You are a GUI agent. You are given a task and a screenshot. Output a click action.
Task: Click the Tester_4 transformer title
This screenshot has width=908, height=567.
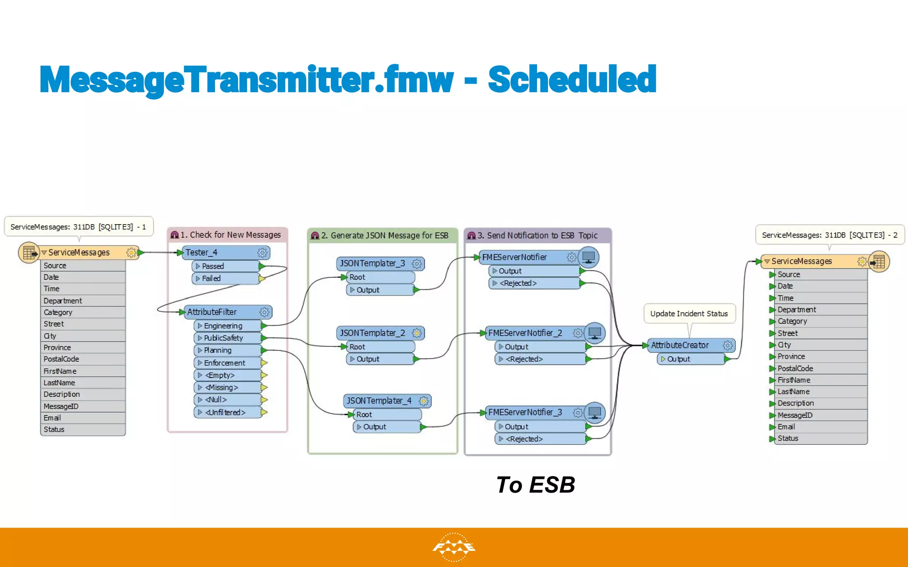(202, 252)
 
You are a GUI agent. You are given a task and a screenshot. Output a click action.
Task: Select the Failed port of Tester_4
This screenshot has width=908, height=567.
(211, 279)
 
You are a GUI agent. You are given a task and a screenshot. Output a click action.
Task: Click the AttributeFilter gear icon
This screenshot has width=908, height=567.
(264, 312)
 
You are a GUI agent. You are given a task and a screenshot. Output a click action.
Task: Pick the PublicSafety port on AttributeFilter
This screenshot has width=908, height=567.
(223, 338)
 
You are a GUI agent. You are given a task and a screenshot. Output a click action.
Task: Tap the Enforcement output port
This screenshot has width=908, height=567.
(224, 363)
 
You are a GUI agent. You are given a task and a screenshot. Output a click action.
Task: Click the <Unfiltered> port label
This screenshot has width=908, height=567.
(225, 412)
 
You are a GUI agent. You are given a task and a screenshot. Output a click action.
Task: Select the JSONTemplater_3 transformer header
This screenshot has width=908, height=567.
(372, 264)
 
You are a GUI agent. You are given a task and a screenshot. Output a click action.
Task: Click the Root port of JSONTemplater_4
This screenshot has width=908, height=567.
(364, 415)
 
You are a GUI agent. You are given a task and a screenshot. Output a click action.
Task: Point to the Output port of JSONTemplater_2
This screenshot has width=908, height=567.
(368, 359)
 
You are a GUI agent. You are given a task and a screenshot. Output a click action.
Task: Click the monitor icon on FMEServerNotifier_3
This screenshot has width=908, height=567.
(595, 413)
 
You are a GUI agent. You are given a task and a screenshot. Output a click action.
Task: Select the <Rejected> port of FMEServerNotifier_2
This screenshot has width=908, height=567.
(524, 359)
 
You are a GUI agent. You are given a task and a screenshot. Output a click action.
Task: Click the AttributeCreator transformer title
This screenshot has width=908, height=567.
(680, 345)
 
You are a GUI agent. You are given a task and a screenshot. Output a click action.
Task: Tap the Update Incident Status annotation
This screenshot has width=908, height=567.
(689, 314)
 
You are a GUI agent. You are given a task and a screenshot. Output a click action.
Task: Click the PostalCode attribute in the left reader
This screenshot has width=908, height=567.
(62, 359)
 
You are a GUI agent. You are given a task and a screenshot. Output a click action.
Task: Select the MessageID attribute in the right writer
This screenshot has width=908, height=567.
(795, 416)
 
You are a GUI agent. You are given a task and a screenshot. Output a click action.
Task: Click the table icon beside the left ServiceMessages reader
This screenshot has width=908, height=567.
(29, 253)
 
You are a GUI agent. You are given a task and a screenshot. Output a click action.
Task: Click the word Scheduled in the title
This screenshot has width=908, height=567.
(572, 80)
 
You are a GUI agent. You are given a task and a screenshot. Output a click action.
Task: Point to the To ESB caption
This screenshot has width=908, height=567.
(536, 485)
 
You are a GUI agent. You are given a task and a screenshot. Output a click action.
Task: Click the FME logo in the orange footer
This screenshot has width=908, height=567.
(454, 548)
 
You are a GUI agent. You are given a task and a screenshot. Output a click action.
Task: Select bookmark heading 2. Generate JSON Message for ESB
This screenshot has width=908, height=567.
(384, 236)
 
